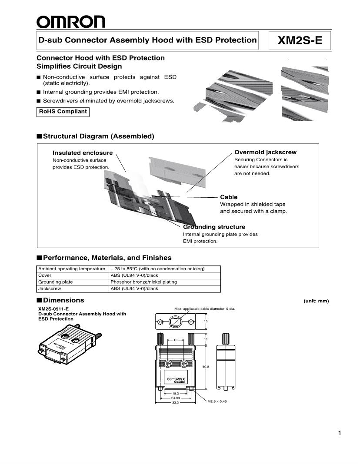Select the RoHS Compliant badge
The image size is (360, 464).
coord(63,112)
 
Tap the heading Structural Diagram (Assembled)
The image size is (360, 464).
coord(98,136)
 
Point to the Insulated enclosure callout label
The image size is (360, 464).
coord(83,153)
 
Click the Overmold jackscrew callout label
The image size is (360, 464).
coord(265,152)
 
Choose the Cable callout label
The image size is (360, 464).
coord(229,197)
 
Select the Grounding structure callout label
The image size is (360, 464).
coord(214,227)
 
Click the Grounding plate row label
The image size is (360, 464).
coord(56,282)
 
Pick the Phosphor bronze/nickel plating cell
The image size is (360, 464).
coord(143,282)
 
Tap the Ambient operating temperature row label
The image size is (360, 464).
coord(72,269)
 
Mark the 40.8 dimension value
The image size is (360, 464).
coord(206,367)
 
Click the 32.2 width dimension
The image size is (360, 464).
coord(175,403)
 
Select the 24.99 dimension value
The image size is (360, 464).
coord(175,398)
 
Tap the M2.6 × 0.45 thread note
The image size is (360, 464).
coord(217,401)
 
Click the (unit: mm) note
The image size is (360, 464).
coord(316,301)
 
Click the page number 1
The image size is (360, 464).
coord(340,433)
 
